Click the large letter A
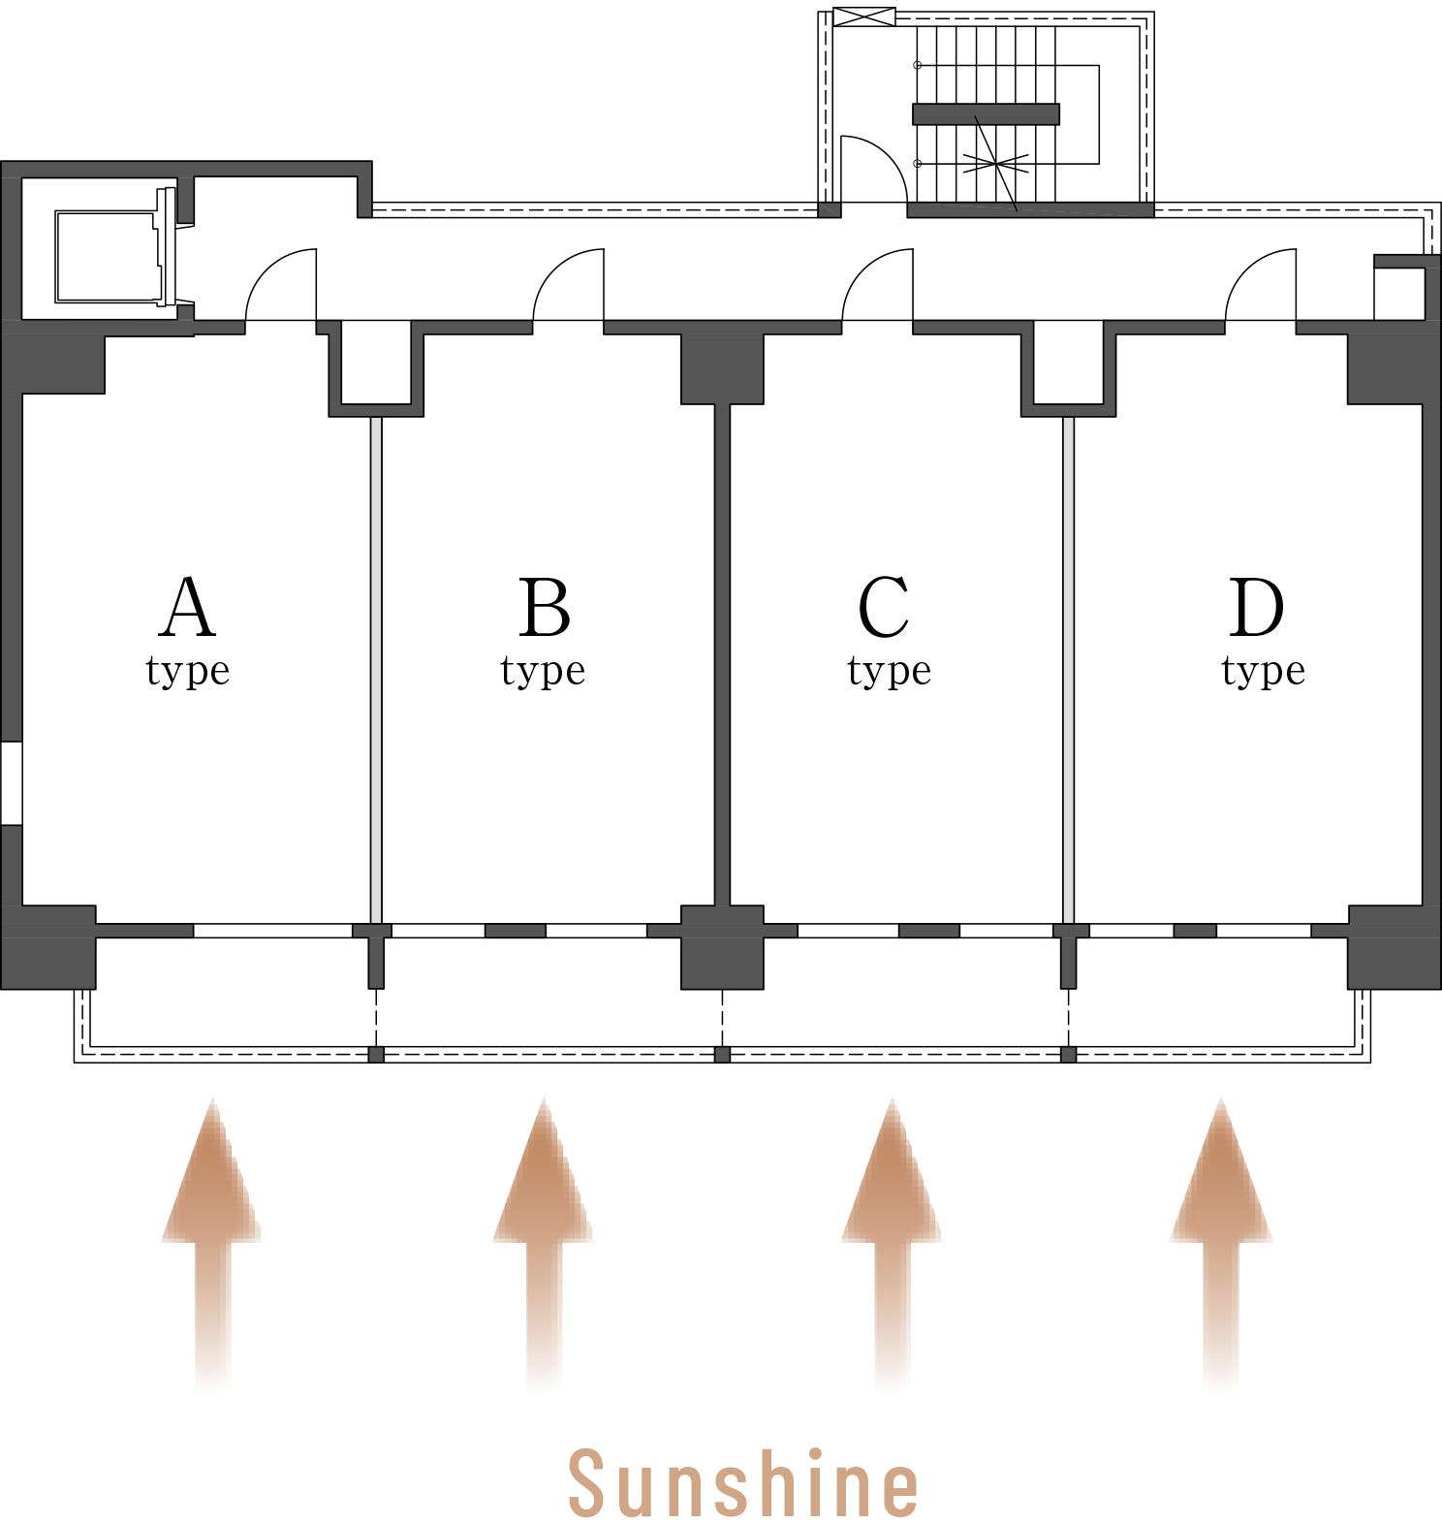pos(187,607)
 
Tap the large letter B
pos(544,608)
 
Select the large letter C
pos(884,608)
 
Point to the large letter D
pos(1257,608)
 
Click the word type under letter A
pos(188,671)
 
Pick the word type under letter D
pos(1264,671)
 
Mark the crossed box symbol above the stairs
pos(864,16)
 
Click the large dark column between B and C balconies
pos(722,947)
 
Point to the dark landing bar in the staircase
pos(986,114)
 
